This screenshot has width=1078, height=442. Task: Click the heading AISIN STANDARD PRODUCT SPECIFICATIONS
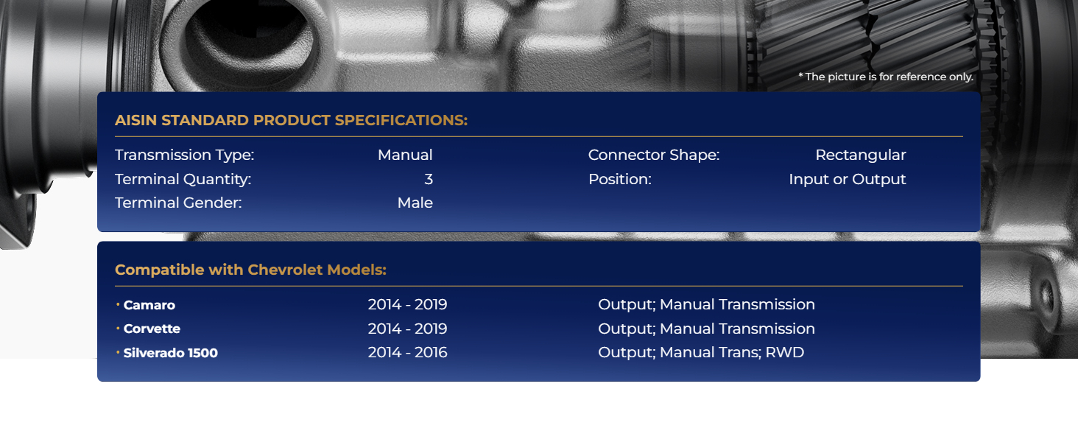[x=291, y=120]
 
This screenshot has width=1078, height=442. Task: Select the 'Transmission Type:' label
[x=184, y=155]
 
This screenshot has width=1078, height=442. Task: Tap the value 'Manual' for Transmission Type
[x=405, y=155]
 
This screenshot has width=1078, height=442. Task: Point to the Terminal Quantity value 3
[x=429, y=179]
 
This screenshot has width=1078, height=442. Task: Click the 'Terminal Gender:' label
[x=178, y=203]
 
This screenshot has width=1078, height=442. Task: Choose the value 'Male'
[x=415, y=203]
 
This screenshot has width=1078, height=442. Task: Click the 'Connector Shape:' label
[x=654, y=155]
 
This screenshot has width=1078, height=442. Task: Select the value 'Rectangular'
[x=861, y=155]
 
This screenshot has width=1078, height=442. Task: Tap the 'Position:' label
[x=620, y=179]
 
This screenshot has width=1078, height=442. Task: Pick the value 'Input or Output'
[x=848, y=179]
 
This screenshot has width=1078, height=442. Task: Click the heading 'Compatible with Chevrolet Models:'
[x=251, y=270]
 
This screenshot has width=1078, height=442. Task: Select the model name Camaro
[x=149, y=305]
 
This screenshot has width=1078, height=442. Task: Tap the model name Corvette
[x=152, y=329]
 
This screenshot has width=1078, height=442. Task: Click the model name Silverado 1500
[x=170, y=353]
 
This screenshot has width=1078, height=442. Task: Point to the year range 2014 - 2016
[x=408, y=352]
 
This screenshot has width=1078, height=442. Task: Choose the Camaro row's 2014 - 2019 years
[x=408, y=304]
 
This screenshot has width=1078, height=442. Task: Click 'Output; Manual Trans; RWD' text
[x=701, y=352]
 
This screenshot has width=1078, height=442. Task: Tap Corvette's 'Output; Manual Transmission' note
[x=706, y=329]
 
